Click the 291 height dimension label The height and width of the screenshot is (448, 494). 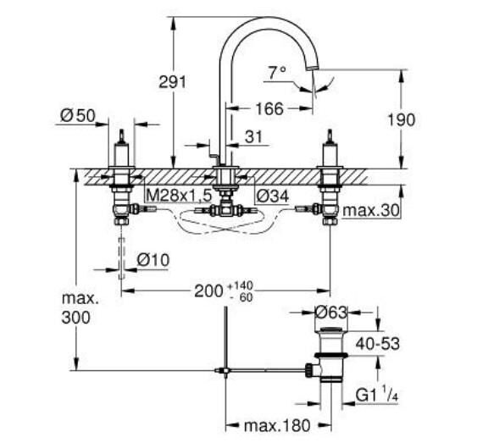tap(172, 81)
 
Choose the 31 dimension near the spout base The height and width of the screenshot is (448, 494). tap(253, 136)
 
